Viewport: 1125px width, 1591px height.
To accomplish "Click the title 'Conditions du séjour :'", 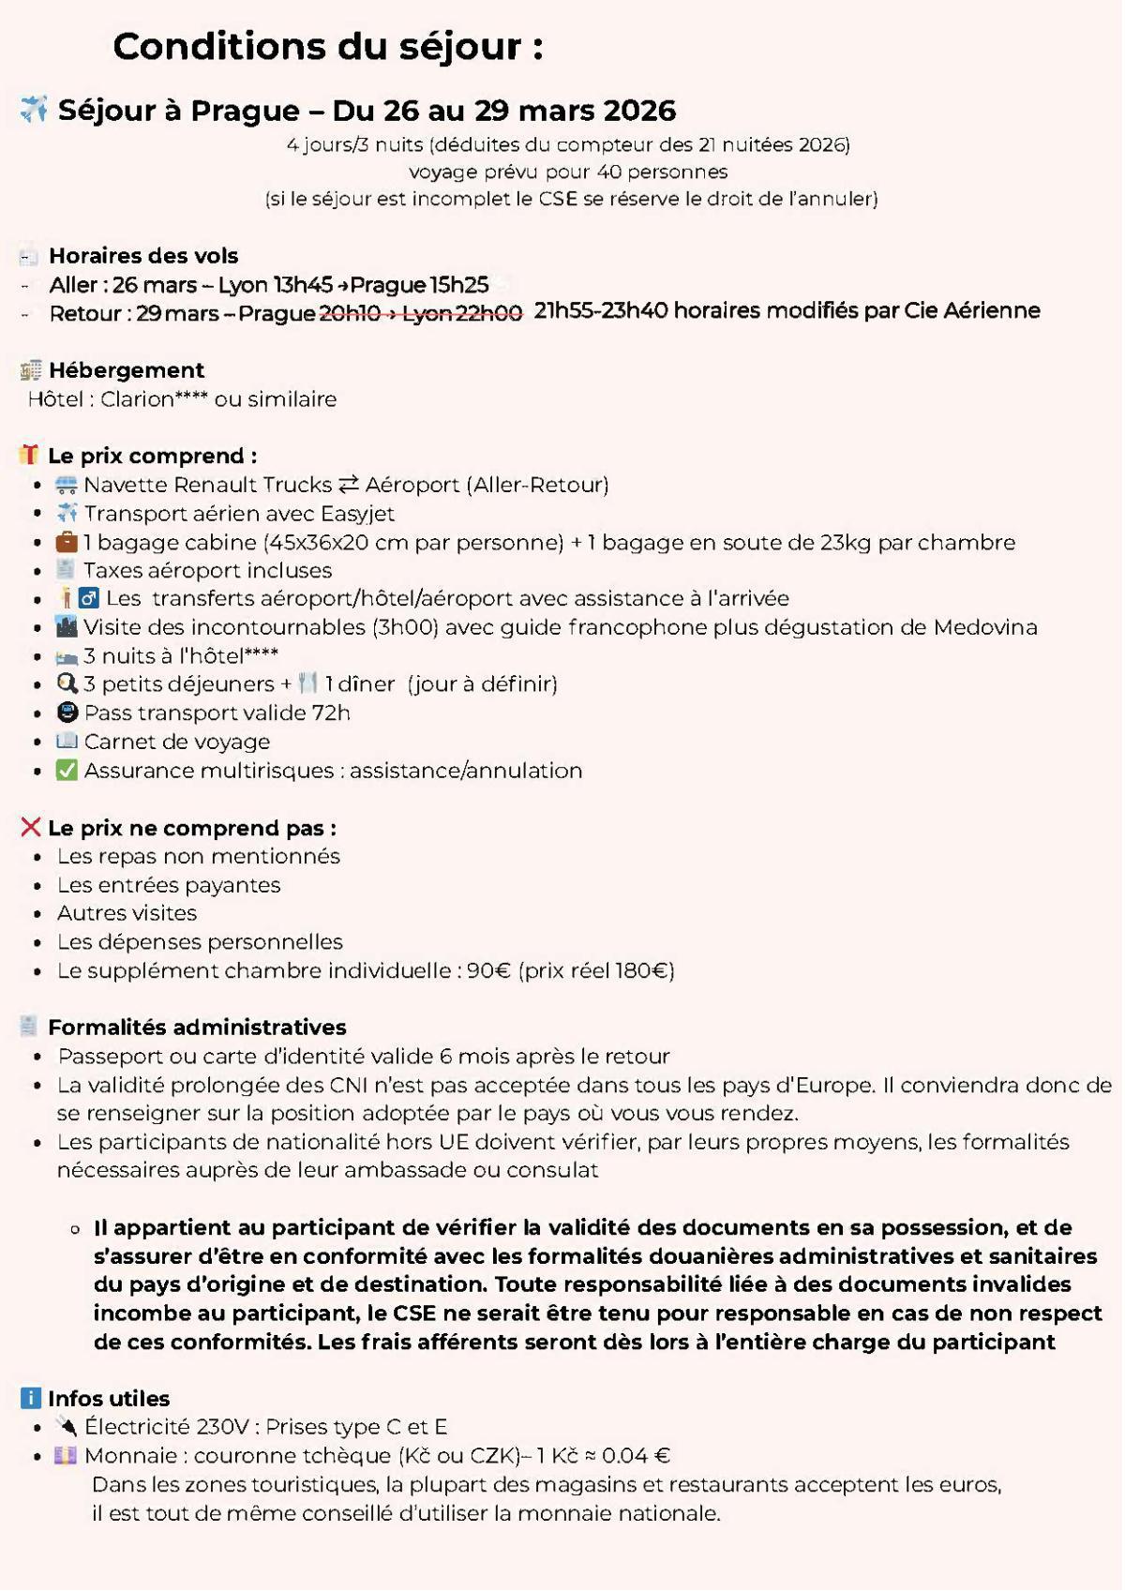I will (x=328, y=47).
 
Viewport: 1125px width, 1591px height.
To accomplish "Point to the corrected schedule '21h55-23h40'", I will (x=600, y=311).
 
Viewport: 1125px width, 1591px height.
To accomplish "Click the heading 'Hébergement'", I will (x=127, y=370).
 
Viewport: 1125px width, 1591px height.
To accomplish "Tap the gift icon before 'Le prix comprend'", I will (x=29, y=456).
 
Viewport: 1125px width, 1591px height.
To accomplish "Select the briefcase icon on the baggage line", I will (x=67, y=542).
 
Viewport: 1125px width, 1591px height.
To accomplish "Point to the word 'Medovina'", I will (x=984, y=627).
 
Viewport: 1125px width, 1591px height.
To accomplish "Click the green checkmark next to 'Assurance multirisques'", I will (x=67, y=771).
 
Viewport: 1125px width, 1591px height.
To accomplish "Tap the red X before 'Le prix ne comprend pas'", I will (x=30, y=827).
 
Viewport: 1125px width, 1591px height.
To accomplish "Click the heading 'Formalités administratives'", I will (x=197, y=1028).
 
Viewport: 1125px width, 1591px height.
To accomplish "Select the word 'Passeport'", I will (x=104, y=1057).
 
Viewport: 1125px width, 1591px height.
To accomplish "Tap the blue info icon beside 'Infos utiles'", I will (x=30, y=1398).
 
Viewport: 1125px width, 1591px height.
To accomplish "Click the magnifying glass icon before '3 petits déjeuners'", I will (x=67, y=684).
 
